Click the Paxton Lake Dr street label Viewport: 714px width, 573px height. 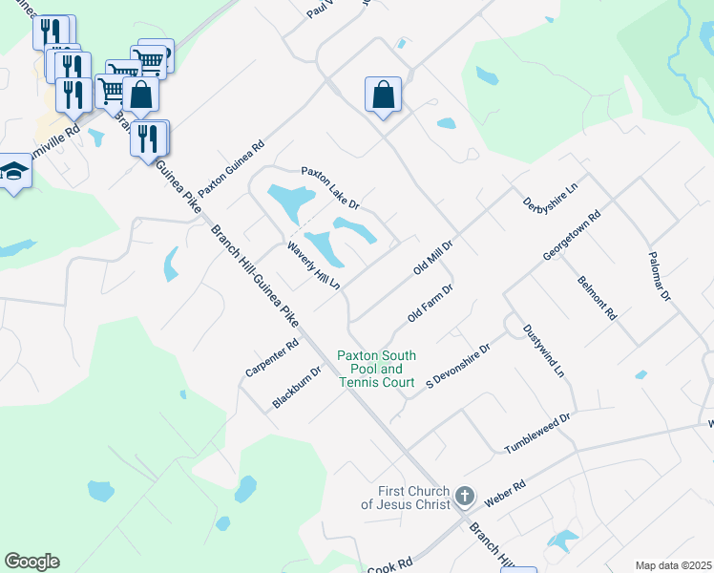tap(330, 188)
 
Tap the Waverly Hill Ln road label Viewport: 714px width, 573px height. tap(314, 265)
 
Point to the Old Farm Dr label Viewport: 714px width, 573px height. tap(429, 302)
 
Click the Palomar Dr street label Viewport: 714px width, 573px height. tap(660, 278)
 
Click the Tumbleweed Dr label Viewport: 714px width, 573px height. tap(536, 431)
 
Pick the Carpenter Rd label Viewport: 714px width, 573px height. tap(272, 356)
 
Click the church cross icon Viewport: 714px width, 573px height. tap(465, 496)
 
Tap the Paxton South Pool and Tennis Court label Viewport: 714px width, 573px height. tap(376, 369)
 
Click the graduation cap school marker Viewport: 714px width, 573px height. tap(14, 171)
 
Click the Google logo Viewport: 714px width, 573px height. tap(31, 562)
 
